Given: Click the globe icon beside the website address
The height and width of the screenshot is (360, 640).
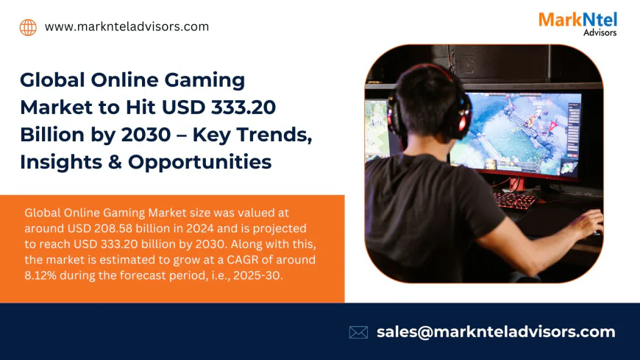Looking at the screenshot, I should point(28,27).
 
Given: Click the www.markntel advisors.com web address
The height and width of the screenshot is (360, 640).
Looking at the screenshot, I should point(127,27).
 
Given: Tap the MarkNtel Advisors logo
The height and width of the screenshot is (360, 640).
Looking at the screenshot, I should point(577,23).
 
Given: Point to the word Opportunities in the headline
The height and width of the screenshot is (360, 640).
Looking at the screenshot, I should point(200,161).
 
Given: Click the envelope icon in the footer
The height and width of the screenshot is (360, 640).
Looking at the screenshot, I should point(358,332).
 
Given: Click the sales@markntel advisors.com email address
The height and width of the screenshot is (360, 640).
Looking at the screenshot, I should point(496,331).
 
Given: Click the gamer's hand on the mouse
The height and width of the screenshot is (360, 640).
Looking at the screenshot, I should point(589,222).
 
